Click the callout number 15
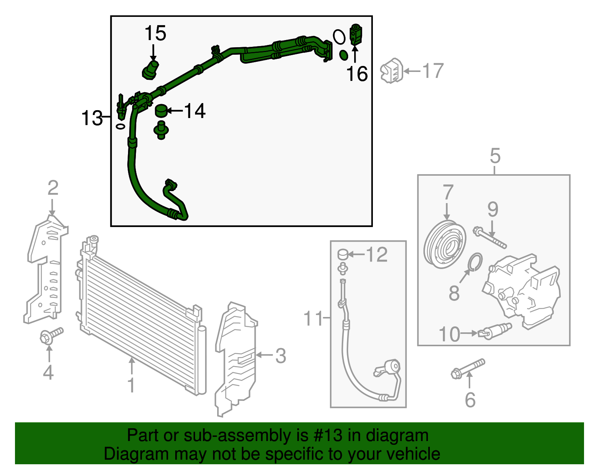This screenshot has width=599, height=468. [x=155, y=33]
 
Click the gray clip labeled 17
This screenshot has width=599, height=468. [x=391, y=71]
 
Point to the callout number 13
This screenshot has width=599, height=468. [x=92, y=118]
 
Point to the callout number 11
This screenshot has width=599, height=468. [x=313, y=319]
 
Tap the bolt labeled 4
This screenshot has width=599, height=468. [x=51, y=335]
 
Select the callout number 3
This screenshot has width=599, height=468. [x=280, y=355]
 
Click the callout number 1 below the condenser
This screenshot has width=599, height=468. [x=131, y=385]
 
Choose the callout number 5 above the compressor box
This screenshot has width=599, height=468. [x=495, y=156]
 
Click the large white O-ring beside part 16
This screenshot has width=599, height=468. [x=339, y=37]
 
